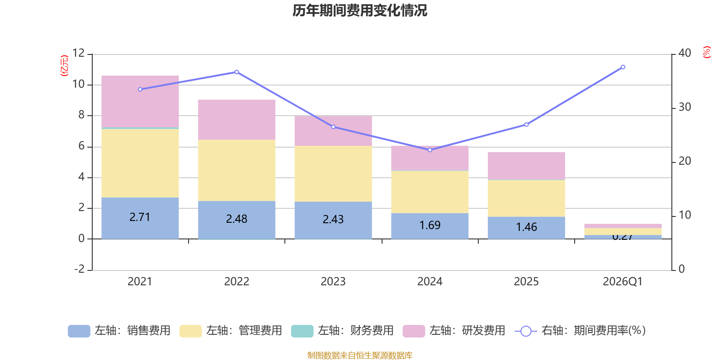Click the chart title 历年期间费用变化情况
coord(360,10)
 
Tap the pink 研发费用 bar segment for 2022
coord(237,120)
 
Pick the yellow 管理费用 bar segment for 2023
coord(333,173)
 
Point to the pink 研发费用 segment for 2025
coord(526,166)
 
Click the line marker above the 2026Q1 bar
coord(623,67)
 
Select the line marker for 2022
coord(237,72)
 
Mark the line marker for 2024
coord(430,150)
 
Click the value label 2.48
coord(237,219)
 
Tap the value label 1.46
coord(526,227)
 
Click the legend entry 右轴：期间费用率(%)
coord(580,331)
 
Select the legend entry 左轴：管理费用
coord(230,331)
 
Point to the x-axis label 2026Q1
coord(622,282)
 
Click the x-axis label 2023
coord(333,282)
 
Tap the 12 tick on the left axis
coord(78,53)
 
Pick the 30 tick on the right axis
coord(684,107)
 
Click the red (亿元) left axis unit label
coord(64,66)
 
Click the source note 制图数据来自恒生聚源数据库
coord(360,355)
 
